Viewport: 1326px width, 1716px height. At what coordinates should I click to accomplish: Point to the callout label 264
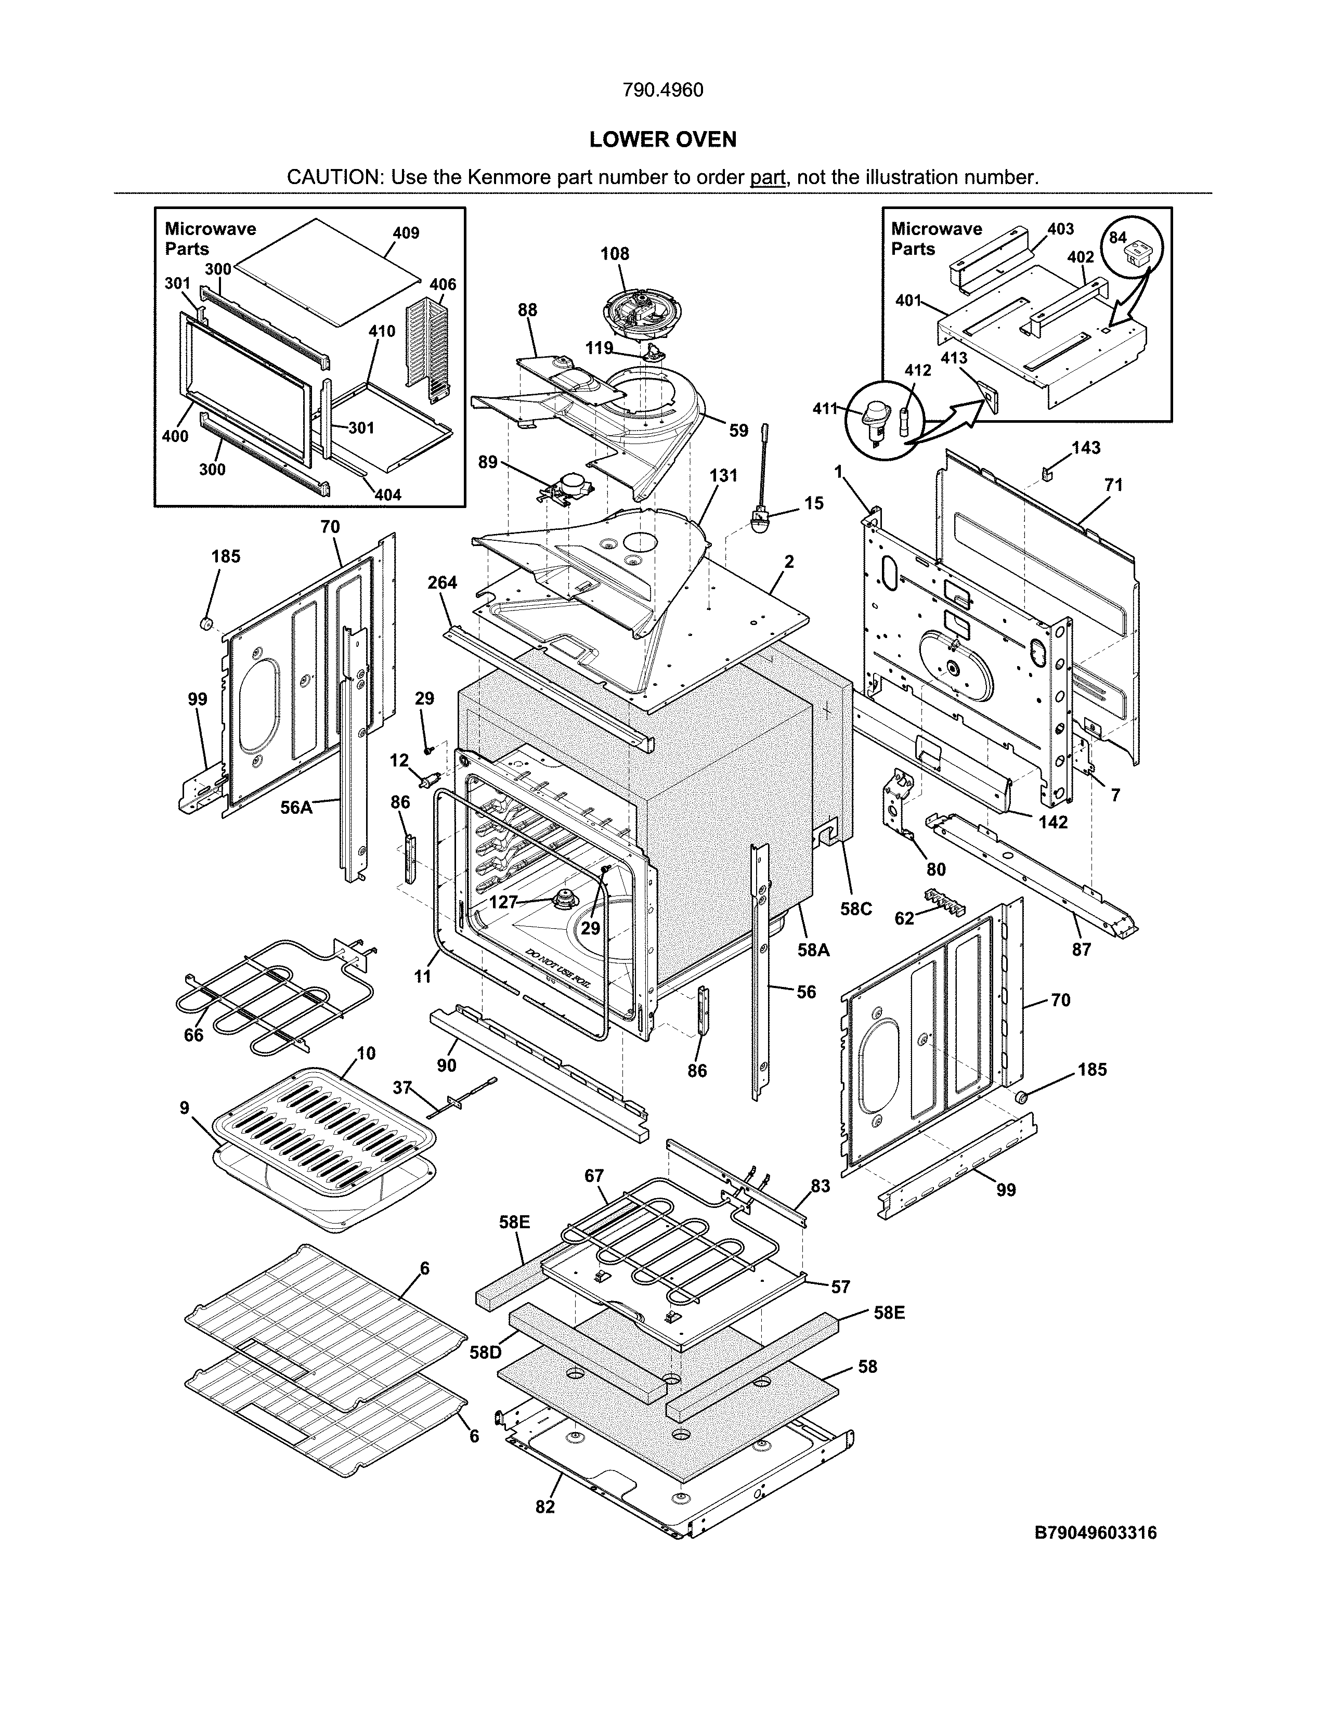443,582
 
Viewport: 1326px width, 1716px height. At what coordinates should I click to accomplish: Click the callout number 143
1086,448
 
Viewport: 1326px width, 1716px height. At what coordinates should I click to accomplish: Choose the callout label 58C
855,908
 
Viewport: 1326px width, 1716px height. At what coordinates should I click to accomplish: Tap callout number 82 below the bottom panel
544,1506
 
